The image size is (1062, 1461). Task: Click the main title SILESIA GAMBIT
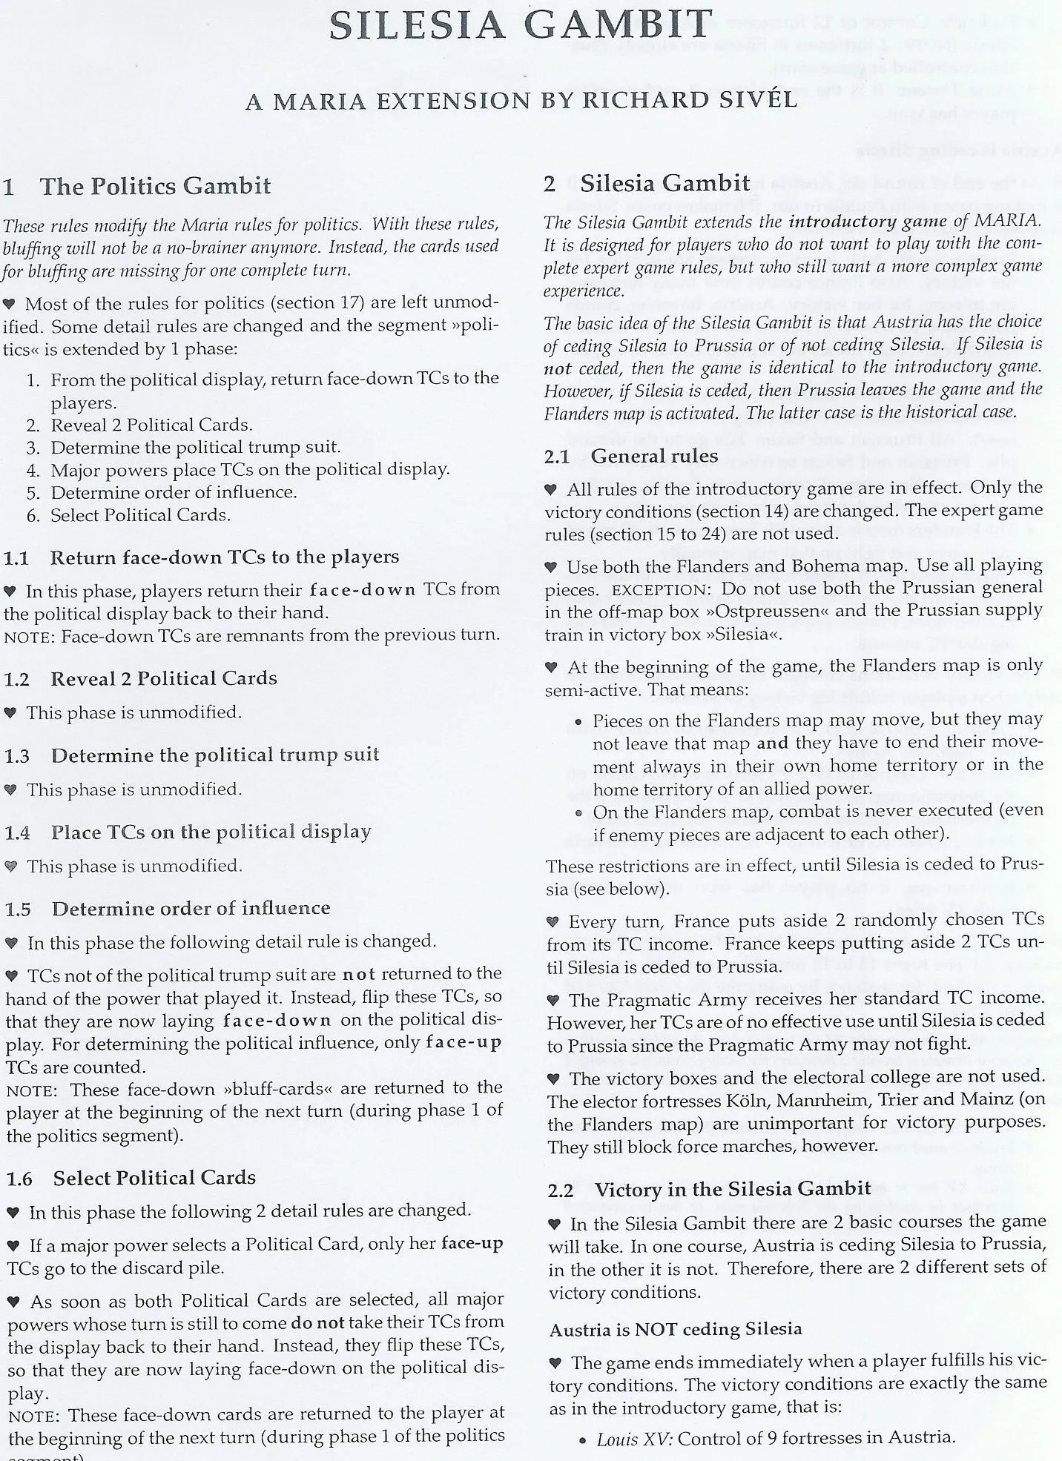point(521,27)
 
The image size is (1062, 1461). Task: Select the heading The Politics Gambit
point(155,186)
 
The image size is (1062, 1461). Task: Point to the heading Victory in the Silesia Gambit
point(733,1189)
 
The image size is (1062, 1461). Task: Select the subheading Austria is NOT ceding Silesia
point(675,1329)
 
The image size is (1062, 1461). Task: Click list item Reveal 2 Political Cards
point(151,425)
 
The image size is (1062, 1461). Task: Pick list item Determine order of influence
point(174,492)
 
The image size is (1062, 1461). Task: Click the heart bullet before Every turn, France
point(553,922)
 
